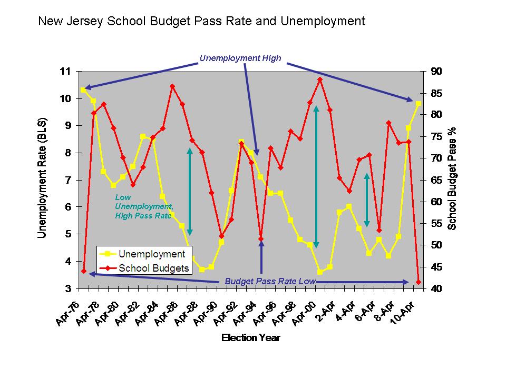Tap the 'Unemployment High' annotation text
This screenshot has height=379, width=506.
coord(240,58)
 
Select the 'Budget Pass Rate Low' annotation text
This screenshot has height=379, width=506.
coord(270,281)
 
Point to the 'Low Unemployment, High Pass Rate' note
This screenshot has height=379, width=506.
coord(143,206)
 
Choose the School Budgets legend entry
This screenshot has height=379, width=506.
coord(153,268)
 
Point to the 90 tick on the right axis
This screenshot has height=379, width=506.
coord(437,71)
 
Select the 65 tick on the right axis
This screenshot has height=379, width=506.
coord(437,180)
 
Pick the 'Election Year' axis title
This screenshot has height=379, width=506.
coord(250,338)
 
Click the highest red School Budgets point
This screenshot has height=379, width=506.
coord(320,79)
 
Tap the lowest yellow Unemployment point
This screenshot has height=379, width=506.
coord(320,272)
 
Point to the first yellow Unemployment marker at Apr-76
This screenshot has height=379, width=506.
coord(83,90)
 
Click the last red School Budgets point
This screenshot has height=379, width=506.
coord(419,282)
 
